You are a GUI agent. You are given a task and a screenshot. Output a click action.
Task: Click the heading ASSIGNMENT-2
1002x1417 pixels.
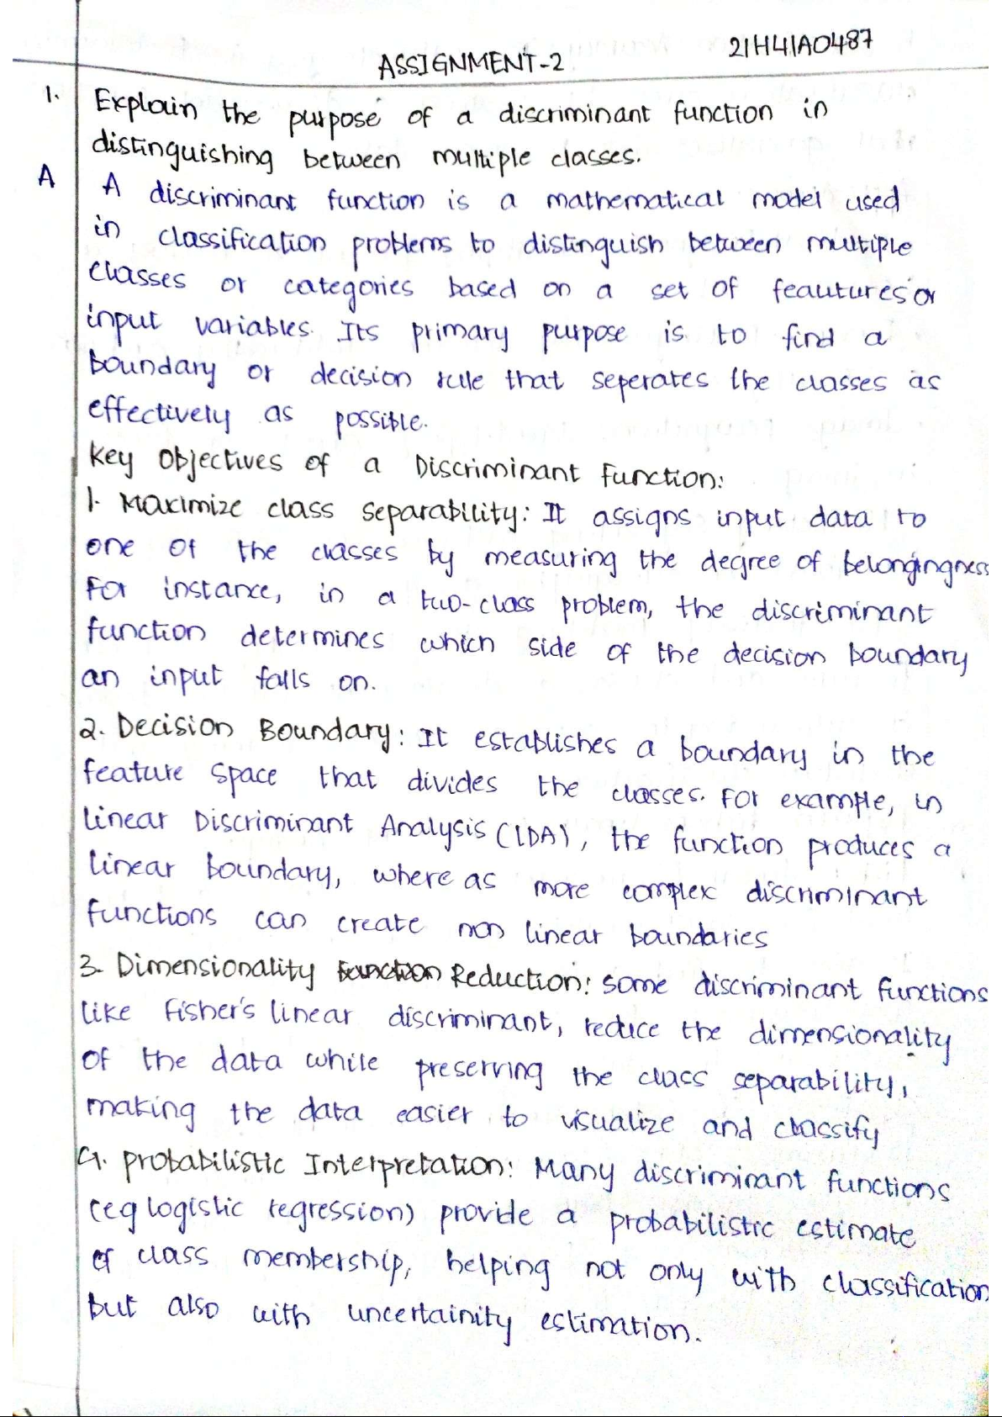pos(470,64)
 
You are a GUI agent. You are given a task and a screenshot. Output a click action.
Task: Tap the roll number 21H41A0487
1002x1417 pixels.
pos(788,44)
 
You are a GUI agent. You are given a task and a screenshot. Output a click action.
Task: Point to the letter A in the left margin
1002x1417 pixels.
pos(47,177)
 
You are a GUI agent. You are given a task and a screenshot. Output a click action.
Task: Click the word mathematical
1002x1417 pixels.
pos(634,202)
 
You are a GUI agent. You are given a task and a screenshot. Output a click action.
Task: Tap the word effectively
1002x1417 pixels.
pos(159,413)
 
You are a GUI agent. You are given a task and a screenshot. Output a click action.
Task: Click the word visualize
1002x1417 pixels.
pos(617,1122)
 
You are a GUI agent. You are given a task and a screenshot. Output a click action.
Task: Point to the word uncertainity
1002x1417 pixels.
pos(430,1313)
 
